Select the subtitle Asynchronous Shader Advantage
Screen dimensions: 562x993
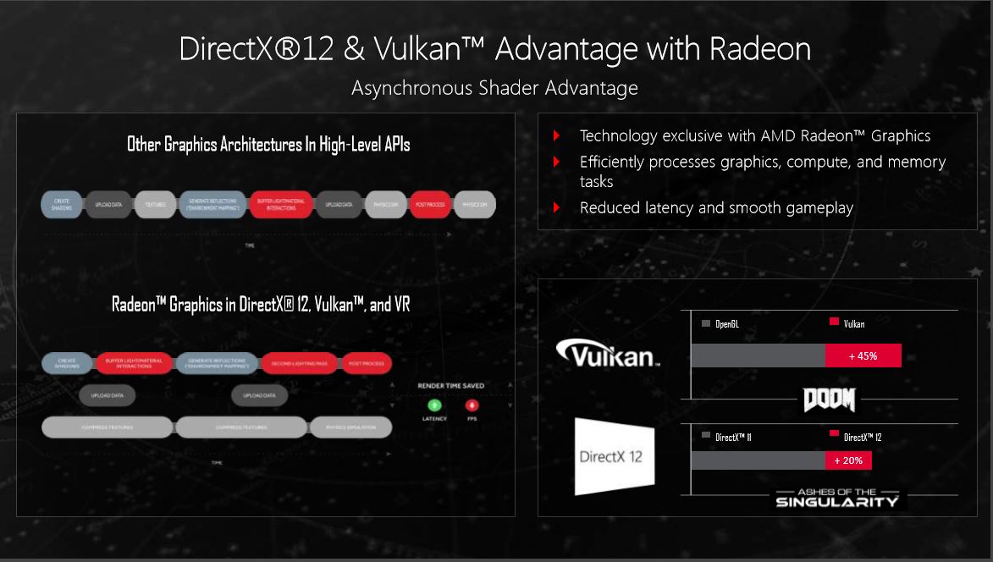coord(494,88)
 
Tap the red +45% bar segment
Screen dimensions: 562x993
coord(863,355)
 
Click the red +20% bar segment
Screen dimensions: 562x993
coord(848,460)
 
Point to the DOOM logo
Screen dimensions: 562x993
coord(829,399)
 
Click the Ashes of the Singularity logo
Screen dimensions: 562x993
coord(837,498)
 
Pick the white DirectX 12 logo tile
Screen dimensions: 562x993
coord(614,455)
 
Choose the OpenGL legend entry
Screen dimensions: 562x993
coord(720,323)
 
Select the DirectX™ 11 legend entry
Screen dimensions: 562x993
coord(731,437)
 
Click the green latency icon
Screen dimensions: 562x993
coord(434,405)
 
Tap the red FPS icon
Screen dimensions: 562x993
coord(472,405)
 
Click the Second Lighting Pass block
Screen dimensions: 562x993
coord(300,363)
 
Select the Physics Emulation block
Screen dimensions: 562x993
coord(350,427)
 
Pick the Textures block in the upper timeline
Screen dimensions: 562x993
coord(155,205)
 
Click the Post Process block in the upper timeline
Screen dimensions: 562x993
coord(430,205)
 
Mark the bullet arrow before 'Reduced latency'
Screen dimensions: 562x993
coord(556,207)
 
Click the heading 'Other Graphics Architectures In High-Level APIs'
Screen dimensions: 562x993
coord(268,145)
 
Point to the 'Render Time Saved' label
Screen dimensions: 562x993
coord(450,386)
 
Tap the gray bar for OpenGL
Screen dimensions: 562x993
coord(758,355)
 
